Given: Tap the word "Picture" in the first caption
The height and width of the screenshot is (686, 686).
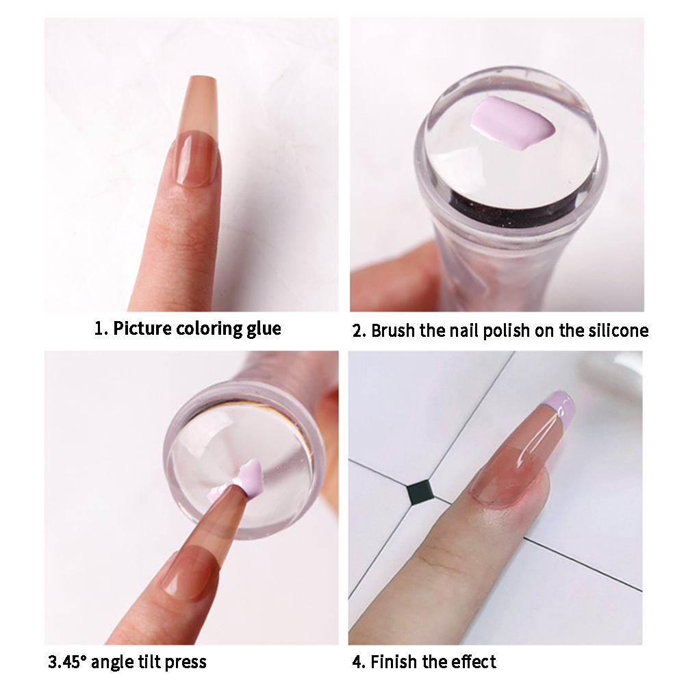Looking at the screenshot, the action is pos(142,328).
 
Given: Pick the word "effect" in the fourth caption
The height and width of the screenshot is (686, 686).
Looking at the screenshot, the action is pos(474,661).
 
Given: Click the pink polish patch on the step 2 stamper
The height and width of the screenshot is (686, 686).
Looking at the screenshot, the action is pos(513,125).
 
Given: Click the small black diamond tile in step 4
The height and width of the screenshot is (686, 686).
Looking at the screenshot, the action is pos(420,490).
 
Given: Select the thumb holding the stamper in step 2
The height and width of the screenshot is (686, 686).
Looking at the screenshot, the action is pos(390,280).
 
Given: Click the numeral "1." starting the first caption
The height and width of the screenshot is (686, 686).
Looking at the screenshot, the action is pos(101,328).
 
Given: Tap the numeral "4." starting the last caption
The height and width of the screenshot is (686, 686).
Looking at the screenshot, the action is pos(359,661).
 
